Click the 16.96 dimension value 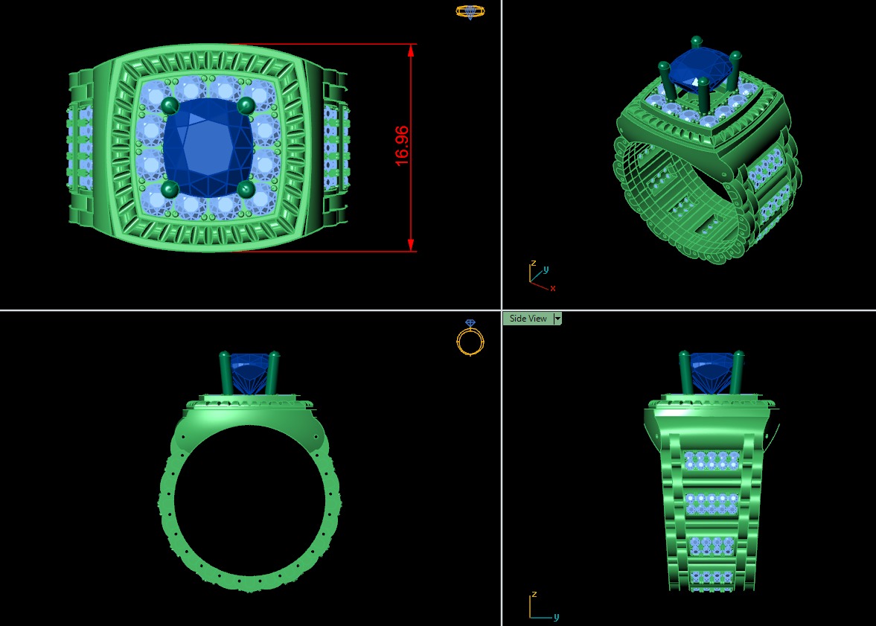point(403,146)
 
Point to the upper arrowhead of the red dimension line point(411,50)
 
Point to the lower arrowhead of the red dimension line point(411,245)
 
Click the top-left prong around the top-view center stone point(168,106)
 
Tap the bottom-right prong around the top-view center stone point(246,190)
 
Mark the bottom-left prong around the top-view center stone point(168,190)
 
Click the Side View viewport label point(528,319)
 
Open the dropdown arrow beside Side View point(557,319)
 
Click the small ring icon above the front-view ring point(470,339)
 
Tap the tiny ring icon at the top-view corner point(470,11)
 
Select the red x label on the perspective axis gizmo point(553,288)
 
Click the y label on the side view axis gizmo point(556,617)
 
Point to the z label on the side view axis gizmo point(534,595)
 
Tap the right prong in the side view point(739,372)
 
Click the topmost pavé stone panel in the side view point(710,460)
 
